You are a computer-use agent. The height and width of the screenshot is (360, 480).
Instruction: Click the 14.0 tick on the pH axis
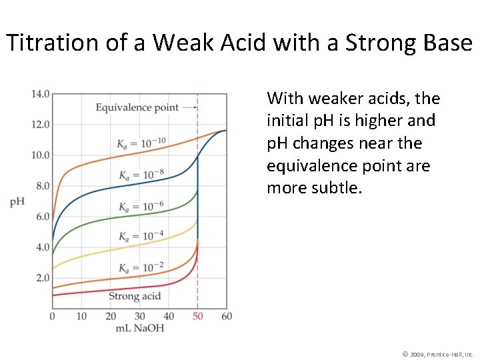(40, 93)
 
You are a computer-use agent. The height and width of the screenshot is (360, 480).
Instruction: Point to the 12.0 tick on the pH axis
(40, 124)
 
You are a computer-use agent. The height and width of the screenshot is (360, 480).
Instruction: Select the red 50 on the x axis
(197, 316)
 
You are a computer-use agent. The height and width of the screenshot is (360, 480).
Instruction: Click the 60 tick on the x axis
(227, 316)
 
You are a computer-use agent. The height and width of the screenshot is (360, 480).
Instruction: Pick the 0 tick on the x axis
(53, 316)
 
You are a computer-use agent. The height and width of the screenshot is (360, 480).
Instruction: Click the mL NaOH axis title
(139, 327)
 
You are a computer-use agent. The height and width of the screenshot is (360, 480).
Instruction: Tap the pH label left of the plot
(17, 201)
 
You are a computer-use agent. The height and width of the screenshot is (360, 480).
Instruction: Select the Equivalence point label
(137, 107)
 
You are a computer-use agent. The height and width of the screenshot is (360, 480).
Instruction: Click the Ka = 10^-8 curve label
(141, 175)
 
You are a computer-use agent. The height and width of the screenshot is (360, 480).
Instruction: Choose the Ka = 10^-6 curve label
(141, 206)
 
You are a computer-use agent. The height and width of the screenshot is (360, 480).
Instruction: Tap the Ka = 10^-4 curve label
(141, 236)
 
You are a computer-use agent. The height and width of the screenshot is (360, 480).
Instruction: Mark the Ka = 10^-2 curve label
(141, 267)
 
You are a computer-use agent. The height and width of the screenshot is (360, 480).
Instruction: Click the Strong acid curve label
(135, 296)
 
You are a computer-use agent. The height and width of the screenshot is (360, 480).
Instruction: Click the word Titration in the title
(43, 43)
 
